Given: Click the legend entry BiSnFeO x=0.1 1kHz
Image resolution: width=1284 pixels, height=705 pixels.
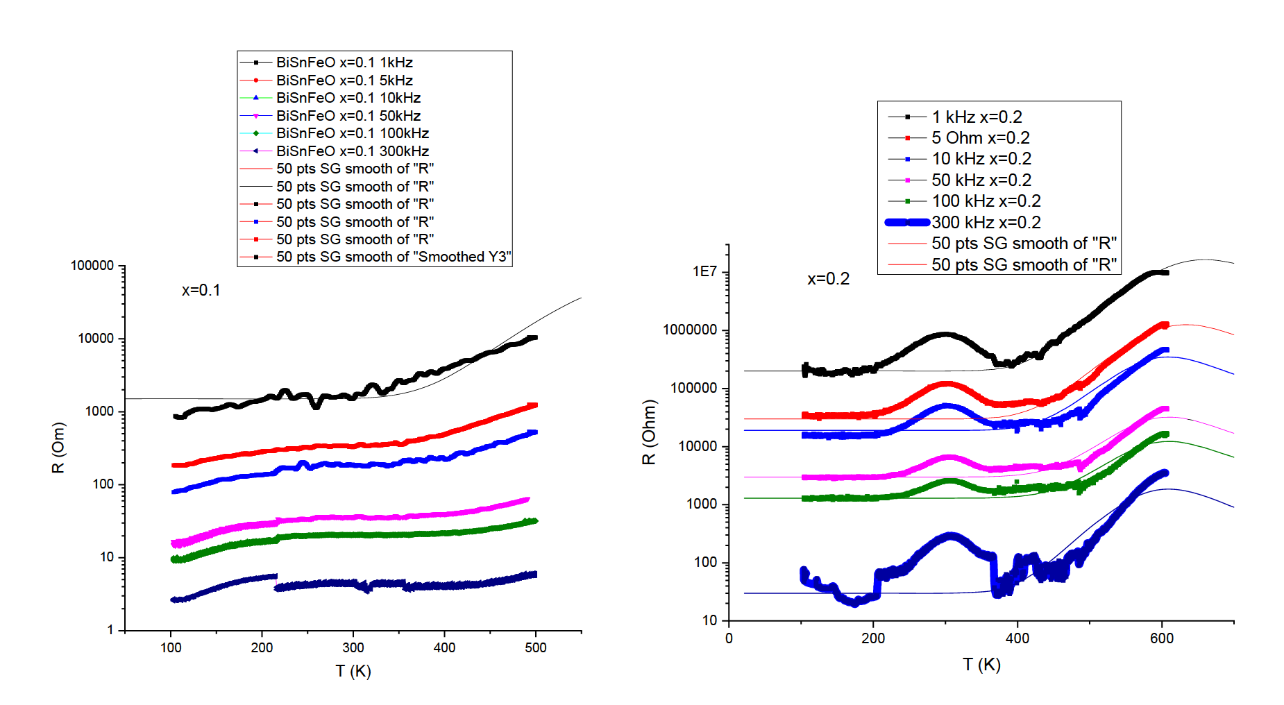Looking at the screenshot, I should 344,62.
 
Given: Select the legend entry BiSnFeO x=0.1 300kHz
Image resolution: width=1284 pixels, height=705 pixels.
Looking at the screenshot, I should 352,151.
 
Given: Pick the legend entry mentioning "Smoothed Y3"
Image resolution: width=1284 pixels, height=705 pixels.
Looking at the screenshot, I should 393,257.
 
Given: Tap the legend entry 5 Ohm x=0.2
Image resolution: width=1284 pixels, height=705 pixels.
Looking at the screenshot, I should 980,138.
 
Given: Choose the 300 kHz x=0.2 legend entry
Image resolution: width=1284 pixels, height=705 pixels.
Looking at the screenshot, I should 986,222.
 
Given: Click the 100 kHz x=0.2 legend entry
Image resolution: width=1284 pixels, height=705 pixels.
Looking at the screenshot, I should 986,201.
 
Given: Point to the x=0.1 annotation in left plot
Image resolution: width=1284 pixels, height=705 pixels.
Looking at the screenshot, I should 201,290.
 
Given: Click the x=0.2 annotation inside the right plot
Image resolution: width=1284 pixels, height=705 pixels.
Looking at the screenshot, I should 828,279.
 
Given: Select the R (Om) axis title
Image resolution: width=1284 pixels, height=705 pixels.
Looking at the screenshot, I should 58,448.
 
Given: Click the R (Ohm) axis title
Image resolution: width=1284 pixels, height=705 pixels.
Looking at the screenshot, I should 649,432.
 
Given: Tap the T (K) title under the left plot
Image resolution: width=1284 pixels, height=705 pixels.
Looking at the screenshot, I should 353,671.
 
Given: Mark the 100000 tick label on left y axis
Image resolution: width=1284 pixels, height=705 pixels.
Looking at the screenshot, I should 92,266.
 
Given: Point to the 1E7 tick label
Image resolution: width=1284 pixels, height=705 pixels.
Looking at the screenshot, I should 704,272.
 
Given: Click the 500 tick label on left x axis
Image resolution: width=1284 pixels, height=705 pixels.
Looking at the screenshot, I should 536,647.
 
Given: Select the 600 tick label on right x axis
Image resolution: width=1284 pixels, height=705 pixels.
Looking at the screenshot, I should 1162,638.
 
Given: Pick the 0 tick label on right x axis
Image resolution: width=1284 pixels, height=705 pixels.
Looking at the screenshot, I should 729,638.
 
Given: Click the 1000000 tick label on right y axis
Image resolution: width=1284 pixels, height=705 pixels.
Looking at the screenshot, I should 691,330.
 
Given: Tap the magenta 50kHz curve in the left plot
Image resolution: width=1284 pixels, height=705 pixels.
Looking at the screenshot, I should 347,518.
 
